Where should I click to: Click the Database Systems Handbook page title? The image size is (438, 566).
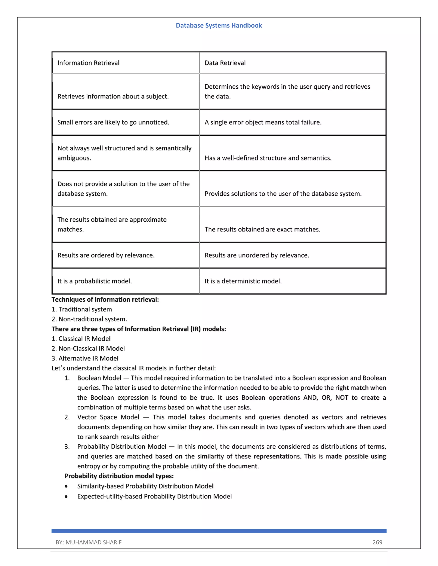219,25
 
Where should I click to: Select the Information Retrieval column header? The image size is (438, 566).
88,63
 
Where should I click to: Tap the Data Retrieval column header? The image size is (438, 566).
225,63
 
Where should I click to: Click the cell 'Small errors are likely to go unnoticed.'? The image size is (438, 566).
113,122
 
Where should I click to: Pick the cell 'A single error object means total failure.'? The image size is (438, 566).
263,122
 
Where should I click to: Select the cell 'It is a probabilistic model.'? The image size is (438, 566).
95,281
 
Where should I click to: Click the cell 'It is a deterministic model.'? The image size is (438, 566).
243,281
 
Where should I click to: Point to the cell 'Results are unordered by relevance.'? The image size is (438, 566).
257,255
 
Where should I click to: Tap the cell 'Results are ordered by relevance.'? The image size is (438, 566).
106,255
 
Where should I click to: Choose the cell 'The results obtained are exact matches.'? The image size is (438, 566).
262,229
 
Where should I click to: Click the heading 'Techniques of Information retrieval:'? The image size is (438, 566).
105,300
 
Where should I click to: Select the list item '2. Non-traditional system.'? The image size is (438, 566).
89,319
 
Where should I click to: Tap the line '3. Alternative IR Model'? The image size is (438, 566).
85,358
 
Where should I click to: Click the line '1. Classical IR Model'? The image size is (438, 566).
81,339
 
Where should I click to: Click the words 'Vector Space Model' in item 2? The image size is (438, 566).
108,417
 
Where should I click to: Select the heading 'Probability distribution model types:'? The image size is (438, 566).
119,476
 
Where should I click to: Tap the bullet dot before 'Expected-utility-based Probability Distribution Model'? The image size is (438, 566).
67,497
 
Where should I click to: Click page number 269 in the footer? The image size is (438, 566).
377,543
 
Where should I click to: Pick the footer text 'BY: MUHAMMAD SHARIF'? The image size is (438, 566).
89,543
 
